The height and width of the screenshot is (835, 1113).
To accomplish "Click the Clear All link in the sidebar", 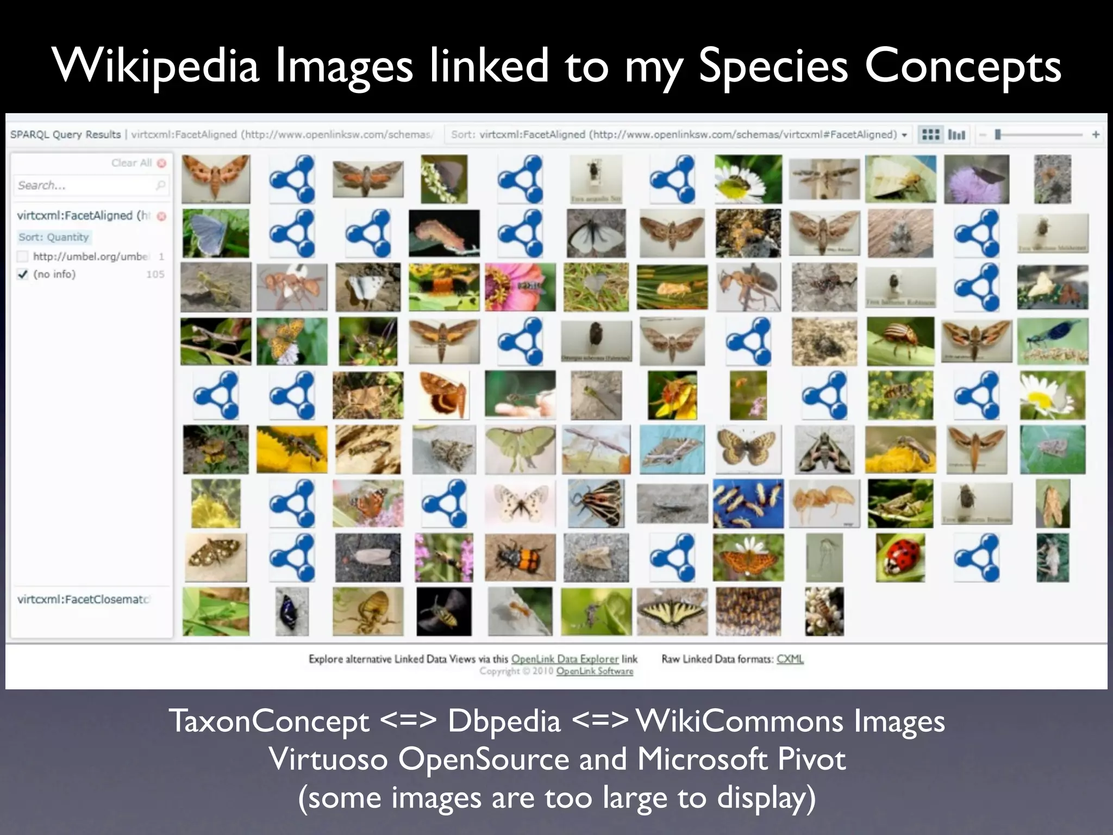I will [x=132, y=163].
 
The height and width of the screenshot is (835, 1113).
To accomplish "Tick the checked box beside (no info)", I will [x=23, y=274].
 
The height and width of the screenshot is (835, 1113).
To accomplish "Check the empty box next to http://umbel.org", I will [x=23, y=256].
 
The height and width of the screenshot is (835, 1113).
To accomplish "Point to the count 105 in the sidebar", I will [x=155, y=274].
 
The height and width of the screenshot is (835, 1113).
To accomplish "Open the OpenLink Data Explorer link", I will [x=565, y=659].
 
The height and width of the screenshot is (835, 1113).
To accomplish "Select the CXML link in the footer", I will [x=790, y=659].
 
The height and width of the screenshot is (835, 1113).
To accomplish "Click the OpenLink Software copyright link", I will [x=595, y=671].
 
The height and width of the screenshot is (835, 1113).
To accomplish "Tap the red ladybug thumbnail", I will [x=900, y=557].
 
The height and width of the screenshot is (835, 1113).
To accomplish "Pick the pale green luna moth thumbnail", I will [x=520, y=449].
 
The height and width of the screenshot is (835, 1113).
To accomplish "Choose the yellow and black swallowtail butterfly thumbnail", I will [x=672, y=611].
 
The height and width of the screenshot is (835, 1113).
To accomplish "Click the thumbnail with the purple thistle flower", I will [x=977, y=179].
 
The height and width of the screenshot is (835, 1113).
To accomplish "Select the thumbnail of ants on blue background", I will [x=748, y=503].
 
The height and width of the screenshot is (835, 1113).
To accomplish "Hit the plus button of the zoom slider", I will [x=1096, y=134].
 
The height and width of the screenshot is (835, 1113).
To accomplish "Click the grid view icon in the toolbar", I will [x=931, y=134].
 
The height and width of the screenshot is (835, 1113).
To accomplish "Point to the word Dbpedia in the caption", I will [x=504, y=721].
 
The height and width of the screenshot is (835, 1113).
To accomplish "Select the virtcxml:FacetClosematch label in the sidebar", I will [x=83, y=599].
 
